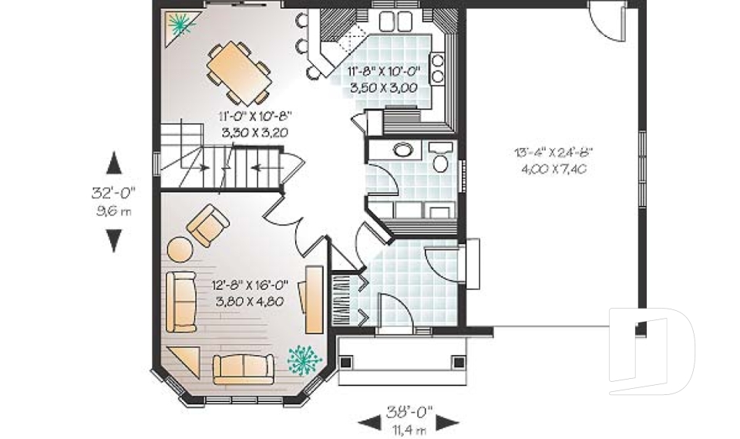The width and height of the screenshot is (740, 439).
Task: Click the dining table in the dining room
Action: tap(238, 73)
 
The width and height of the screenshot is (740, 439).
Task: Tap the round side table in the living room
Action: tap(180, 249)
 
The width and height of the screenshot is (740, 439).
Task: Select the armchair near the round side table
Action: tap(208, 225)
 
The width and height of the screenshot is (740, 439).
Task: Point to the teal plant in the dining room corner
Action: tap(181, 24)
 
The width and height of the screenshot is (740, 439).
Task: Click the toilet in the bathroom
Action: tap(441, 157)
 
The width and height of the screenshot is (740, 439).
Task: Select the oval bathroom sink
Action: tap(403, 150)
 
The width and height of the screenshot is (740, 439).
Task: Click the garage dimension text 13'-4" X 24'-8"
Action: tap(553, 152)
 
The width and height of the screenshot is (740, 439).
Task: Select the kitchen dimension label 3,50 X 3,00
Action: tap(384, 88)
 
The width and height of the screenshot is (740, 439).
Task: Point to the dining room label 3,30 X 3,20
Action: tap(254, 133)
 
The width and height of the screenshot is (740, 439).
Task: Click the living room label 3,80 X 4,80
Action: tap(250, 302)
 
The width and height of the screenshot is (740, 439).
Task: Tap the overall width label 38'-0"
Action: tap(409, 412)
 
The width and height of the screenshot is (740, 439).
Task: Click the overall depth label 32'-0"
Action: tap(113, 193)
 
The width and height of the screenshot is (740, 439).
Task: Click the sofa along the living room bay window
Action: tap(244, 369)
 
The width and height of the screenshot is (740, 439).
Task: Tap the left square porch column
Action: tap(346, 363)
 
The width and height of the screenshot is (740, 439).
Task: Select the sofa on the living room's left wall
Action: tap(181, 302)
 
